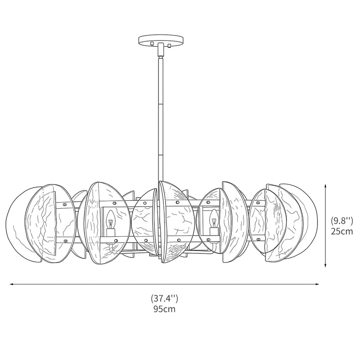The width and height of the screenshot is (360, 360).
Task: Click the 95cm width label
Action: pyautogui.click(x=164, y=309)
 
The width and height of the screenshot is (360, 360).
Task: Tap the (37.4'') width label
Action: pyautogui.click(x=164, y=298)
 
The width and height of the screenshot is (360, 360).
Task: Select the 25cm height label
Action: pyautogui.click(x=342, y=231)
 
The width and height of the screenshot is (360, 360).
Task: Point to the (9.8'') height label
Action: pyautogui.click(x=342, y=220)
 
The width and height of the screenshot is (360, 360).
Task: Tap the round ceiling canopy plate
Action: pyautogui.click(x=161, y=40)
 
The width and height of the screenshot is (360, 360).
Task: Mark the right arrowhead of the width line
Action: pyautogui.click(x=317, y=284)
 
